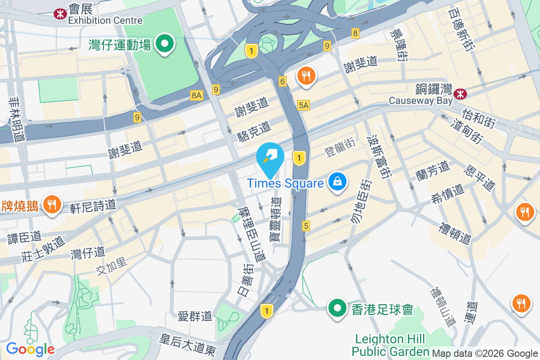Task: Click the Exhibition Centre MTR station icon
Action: (x=59, y=14)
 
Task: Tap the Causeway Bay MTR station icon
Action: (x=460, y=94)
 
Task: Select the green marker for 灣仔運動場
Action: (x=165, y=44)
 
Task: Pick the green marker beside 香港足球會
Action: (x=337, y=308)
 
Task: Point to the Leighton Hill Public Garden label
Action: (x=390, y=345)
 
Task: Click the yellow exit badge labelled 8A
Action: (x=197, y=95)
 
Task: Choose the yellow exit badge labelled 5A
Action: (x=304, y=105)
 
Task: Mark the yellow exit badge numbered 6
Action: (x=283, y=81)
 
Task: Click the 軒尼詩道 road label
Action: (x=93, y=207)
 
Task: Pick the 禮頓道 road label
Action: (x=456, y=232)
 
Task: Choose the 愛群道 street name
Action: (x=195, y=316)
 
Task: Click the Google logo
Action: (x=30, y=349)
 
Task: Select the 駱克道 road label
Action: (x=254, y=131)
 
